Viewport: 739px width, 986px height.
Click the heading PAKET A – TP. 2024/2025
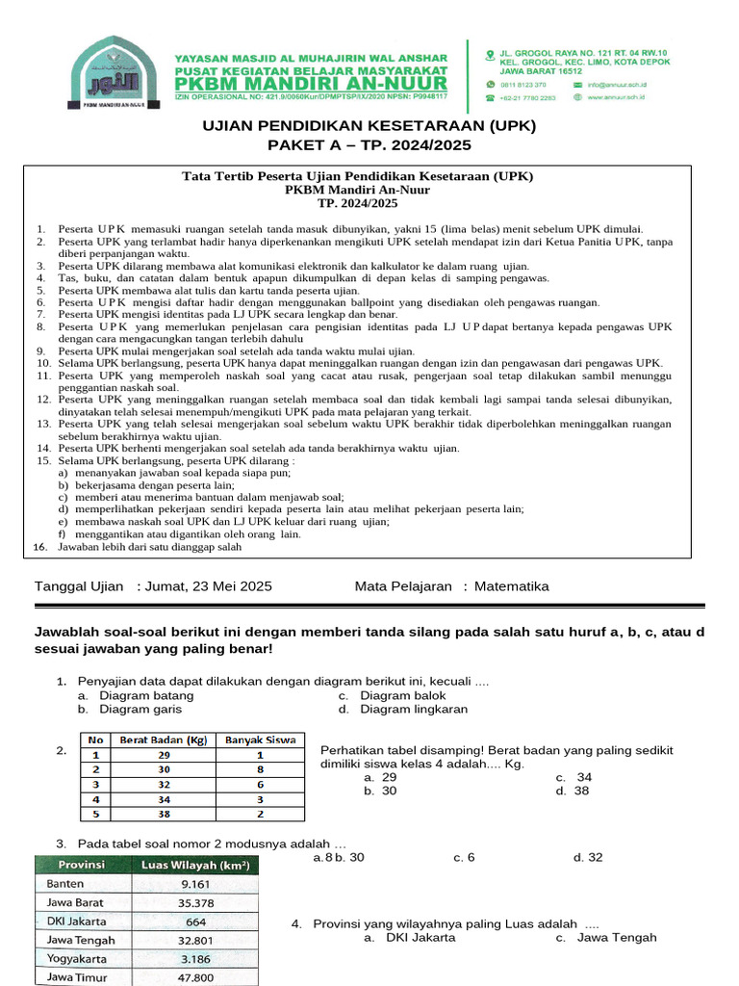369,144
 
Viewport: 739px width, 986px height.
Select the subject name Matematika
514,585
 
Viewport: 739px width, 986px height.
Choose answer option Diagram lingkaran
414,709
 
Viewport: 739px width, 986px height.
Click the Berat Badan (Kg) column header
163,739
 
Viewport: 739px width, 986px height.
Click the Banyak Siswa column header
260,739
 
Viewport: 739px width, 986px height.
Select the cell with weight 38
164,814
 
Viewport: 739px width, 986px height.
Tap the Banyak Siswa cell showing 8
260,769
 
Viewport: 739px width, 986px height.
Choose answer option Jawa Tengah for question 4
616,937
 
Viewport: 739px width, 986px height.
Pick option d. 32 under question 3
588,857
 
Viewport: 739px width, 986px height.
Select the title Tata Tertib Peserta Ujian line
357,176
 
